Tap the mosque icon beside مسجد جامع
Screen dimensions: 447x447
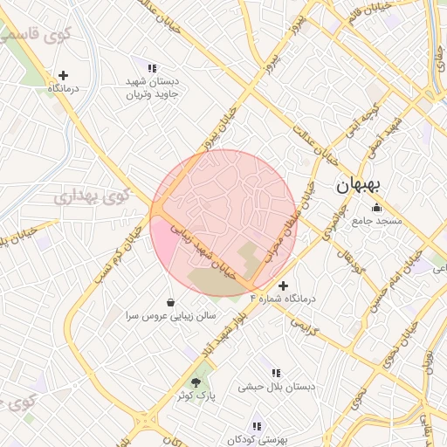[376, 208]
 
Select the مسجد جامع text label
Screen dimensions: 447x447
[377, 222]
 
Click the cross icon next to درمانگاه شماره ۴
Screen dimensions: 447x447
[283, 285]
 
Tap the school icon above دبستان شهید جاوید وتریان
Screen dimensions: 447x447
[152, 68]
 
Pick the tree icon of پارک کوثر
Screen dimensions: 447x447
[196, 382]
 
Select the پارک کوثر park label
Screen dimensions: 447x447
[195, 395]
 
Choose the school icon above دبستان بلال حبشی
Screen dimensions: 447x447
[276, 373]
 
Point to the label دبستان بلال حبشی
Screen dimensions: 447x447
[276, 386]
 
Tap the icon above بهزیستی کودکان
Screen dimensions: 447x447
[257, 426]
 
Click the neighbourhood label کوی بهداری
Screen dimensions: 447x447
[91, 196]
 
